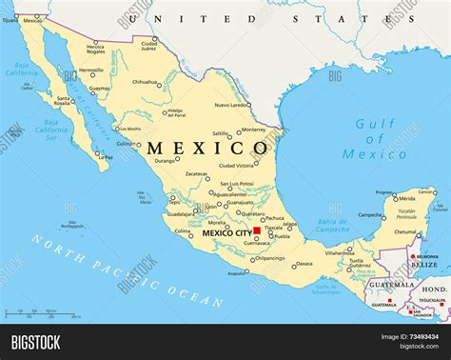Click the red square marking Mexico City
click(x=257, y=230)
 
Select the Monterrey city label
click(x=253, y=130)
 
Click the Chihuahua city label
click(x=145, y=82)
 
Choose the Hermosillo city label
click(x=91, y=70)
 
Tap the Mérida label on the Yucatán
click(x=407, y=198)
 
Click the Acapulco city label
click(x=236, y=272)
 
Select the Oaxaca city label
click(x=304, y=264)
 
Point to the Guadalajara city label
click(x=180, y=214)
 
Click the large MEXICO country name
click(x=207, y=149)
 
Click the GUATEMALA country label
click(x=391, y=285)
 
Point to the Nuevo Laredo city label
click(x=232, y=104)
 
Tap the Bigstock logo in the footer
click(x=36, y=341)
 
